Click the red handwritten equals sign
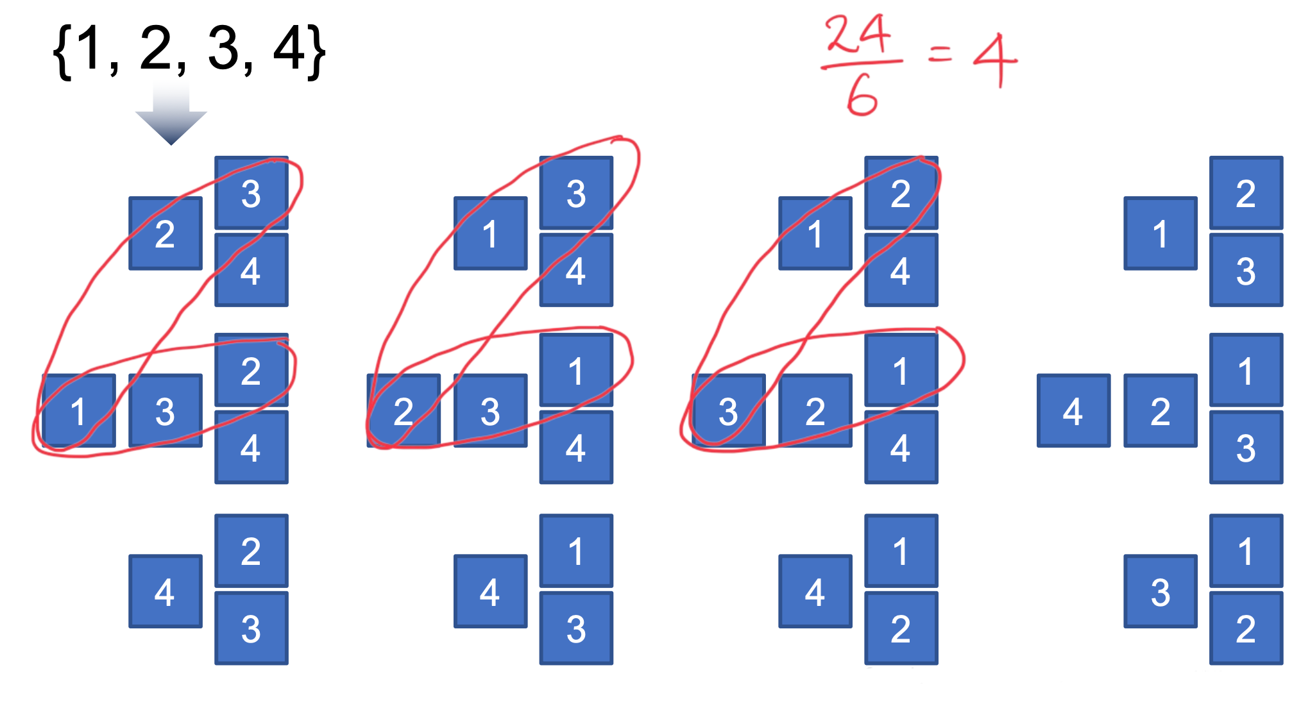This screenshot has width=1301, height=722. (x=940, y=54)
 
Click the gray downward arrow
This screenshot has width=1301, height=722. (x=171, y=115)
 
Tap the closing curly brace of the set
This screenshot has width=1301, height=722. (x=316, y=51)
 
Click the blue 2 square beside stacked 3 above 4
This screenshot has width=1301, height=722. (x=166, y=233)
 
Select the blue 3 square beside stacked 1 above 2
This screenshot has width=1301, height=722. (x=1160, y=591)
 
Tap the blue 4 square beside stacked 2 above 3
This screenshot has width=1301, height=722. (x=166, y=591)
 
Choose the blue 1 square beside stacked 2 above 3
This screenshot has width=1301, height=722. (x=1160, y=233)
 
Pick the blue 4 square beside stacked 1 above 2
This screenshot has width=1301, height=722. (x=815, y=591)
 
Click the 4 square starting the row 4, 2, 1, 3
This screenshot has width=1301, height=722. (x=1073, y=410)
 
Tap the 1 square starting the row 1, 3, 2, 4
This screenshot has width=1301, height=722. (x=79, y=410)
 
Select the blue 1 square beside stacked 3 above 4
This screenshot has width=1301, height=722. (x=490, y=233)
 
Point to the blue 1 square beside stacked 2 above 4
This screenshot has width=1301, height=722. (x=815, y=233)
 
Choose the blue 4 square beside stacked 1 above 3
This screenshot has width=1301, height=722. (x=490, y=591)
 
